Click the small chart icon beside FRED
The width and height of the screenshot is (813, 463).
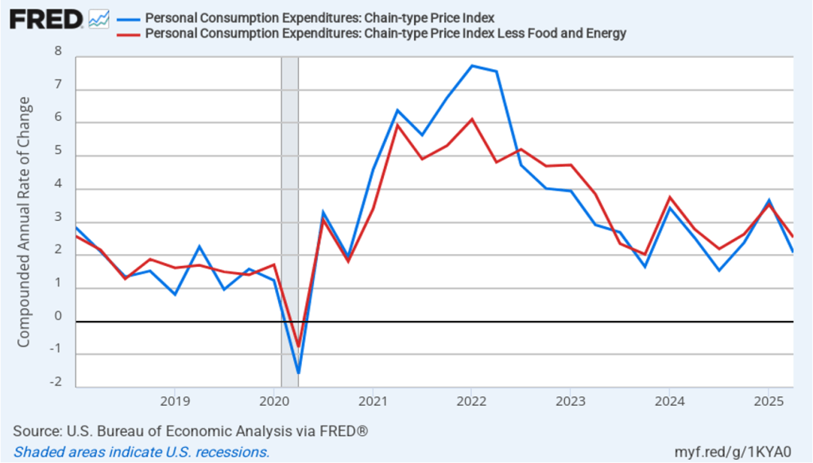click(x=99, y=18)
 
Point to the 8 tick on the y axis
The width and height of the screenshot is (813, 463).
click(x=57, y=52)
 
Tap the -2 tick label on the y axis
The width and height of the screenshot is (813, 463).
click(x=56, y=382)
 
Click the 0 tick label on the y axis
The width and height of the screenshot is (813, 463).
click(x=57, y=316)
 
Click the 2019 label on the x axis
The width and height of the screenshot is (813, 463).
click(x=175, y=399)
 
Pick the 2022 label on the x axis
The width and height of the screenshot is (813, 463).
click(x=471, y=399)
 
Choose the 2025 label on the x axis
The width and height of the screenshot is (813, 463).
click(x=768, y=399)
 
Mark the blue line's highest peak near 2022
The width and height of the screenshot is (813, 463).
click(x=472, y=66)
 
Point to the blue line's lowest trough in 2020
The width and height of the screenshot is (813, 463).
click(x=299, y=372)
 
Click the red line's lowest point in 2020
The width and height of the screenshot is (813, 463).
click(x=299, y=346)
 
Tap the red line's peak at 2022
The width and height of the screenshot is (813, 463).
click(x=472, y=119)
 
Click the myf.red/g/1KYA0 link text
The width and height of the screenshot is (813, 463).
click(x=744, y=452)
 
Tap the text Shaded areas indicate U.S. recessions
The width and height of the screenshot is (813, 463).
click(x=141, y=452)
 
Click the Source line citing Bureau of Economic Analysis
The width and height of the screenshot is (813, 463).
click(x=190, y=431)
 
